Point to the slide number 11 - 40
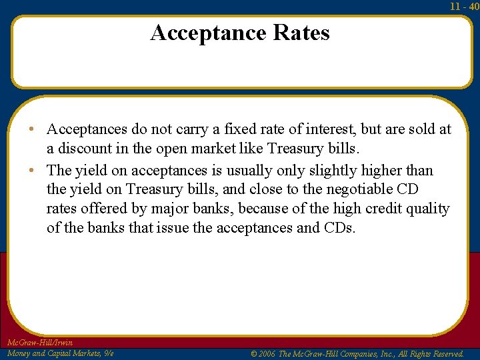464,7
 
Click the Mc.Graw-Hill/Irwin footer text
39,343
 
